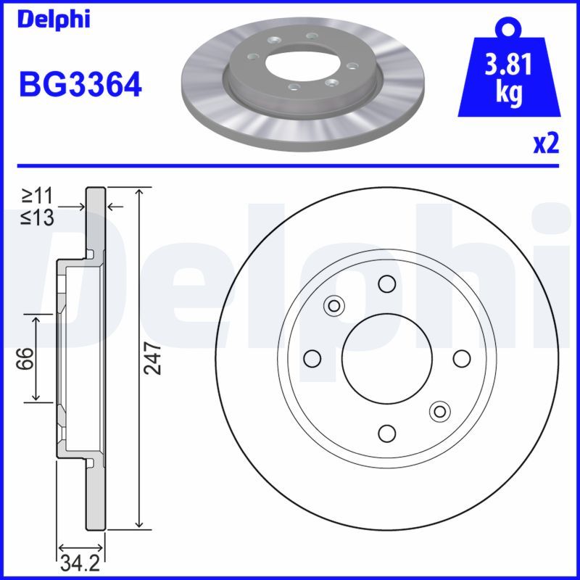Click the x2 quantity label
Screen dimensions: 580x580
point(547,144)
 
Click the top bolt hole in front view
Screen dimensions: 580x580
point(386,283)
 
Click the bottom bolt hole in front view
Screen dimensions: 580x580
point(386,433)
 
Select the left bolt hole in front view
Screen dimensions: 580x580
point(312,358)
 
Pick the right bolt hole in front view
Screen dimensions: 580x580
point(461,358)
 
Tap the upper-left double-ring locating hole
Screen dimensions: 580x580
point(334,305)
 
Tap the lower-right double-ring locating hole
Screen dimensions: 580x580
point(439,411)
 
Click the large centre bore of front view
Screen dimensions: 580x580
point(386,358)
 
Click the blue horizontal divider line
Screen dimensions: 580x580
point(290,165)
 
